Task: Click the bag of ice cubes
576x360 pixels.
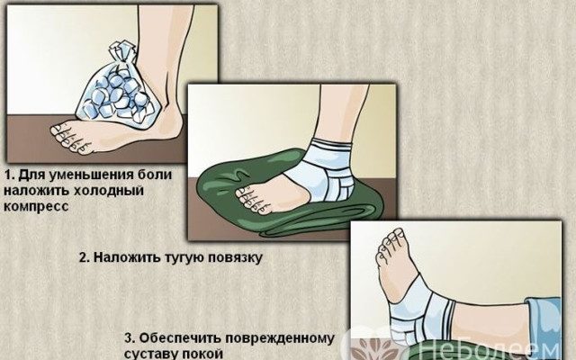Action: [x=118, y=92]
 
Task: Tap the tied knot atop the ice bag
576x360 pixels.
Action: [x=121, y=51]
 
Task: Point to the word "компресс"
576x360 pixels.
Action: [x=36, y=206]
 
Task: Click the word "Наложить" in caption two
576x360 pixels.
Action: [x=126, y=257]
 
